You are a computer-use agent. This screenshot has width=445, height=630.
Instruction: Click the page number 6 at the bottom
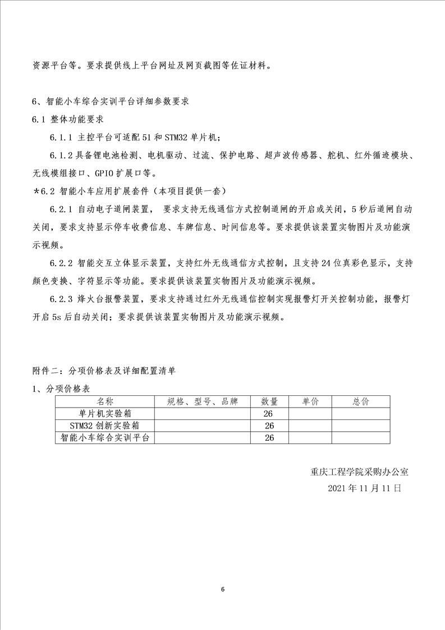223,589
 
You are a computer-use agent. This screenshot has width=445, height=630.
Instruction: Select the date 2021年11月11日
365,488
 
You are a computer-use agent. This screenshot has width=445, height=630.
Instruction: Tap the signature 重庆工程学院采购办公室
363,472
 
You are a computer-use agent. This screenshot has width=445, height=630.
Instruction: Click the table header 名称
105,401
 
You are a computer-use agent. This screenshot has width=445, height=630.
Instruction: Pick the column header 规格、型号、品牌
203,401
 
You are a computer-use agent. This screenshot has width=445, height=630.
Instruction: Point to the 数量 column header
269,401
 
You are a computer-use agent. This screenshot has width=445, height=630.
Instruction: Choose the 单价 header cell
310,401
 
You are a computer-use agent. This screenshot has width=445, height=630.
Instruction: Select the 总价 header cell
361,401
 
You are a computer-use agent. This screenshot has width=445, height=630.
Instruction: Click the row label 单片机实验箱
105,413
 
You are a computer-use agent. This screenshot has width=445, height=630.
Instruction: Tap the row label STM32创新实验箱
105,426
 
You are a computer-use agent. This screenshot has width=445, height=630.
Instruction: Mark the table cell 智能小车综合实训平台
105,437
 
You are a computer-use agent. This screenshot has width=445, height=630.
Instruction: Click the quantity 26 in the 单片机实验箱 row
269,413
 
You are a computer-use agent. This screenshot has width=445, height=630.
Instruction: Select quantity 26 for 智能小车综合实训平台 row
269,437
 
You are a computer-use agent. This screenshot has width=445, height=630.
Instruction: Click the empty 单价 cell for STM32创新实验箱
310,426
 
